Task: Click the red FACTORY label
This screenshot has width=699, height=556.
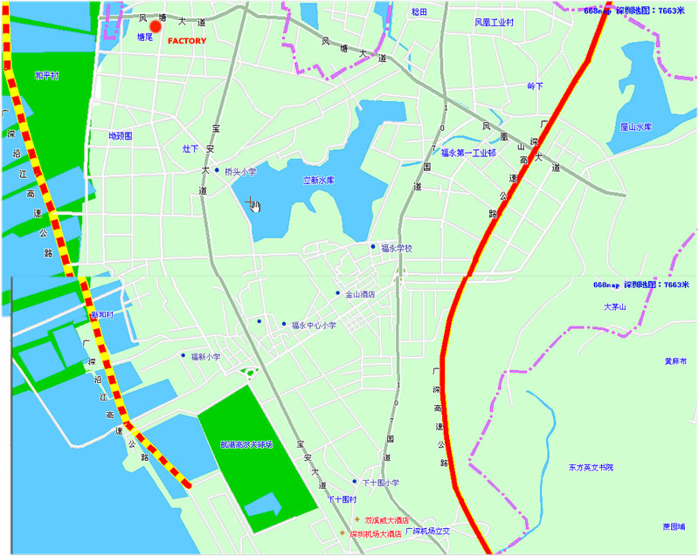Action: (186, 41)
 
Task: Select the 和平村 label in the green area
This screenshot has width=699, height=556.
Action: (46, 77)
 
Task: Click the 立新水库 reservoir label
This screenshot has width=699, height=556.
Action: (319, 181)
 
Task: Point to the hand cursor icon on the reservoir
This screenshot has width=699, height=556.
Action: (254, 204)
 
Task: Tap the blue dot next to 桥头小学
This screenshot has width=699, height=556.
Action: (217, 170)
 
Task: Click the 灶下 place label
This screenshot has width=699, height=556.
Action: (190, 148)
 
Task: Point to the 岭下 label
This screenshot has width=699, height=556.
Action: (536, 86)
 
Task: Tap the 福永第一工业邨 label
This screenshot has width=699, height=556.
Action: (468, 153)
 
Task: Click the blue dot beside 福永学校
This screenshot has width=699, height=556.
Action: (373, 247)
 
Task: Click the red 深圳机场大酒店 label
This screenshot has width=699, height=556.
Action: (375, 533)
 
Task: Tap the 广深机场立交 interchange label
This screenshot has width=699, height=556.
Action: (426, 531)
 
